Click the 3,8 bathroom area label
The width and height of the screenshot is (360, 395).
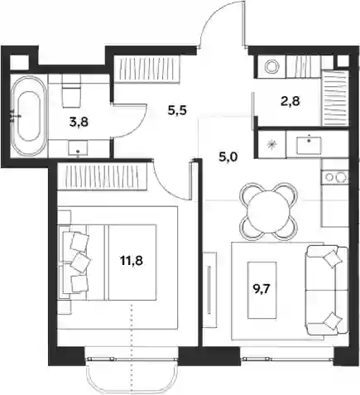(79, 122)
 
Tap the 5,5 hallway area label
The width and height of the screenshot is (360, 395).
(177, 110)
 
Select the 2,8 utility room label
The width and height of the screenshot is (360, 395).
(290, 102)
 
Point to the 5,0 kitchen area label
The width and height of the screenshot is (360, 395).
(228, 158)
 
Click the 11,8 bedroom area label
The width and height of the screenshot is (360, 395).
(132, 260)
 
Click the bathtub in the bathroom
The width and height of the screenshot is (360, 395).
(28, 116)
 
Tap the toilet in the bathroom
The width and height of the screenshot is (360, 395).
(71, 91)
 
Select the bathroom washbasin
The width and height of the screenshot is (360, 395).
(78, 148)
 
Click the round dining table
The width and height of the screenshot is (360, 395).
(269, 212)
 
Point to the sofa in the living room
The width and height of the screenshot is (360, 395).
(327, 290)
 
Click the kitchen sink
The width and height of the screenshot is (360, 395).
(310, 145)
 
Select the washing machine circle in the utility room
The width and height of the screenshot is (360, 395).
(271, 67)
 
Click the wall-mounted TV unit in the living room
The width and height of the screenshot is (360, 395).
(210, 290)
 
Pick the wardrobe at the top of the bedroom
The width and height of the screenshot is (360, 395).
(102, 176)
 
